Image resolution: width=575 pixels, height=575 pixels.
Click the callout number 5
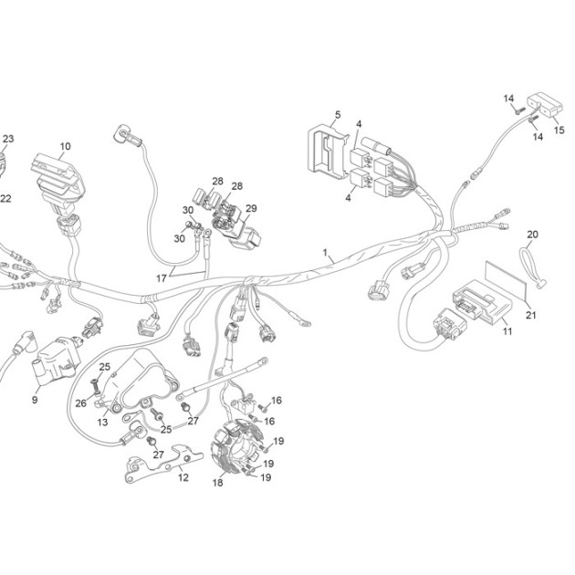(x=338, y=114)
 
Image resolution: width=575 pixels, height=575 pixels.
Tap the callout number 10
(x=66, y=146)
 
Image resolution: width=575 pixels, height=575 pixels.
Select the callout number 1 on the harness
(x=325, y=253)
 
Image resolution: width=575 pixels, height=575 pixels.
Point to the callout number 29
(x=251, y=208)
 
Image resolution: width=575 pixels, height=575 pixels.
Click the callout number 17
(x=162, y=278)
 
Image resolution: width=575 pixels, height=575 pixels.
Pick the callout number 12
(x=183, y=477)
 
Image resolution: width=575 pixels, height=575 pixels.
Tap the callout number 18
(x=217, y=483)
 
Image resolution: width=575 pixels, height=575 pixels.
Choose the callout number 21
(x=531, y=315)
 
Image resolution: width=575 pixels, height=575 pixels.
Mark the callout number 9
(x=35, y=400)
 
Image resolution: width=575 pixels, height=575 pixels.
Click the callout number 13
(x=102, y=422)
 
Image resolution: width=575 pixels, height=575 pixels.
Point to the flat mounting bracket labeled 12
(x=163, y=465)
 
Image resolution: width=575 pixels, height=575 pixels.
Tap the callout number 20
(x=533, y=234)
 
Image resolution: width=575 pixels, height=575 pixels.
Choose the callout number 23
(x=8, y=139)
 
